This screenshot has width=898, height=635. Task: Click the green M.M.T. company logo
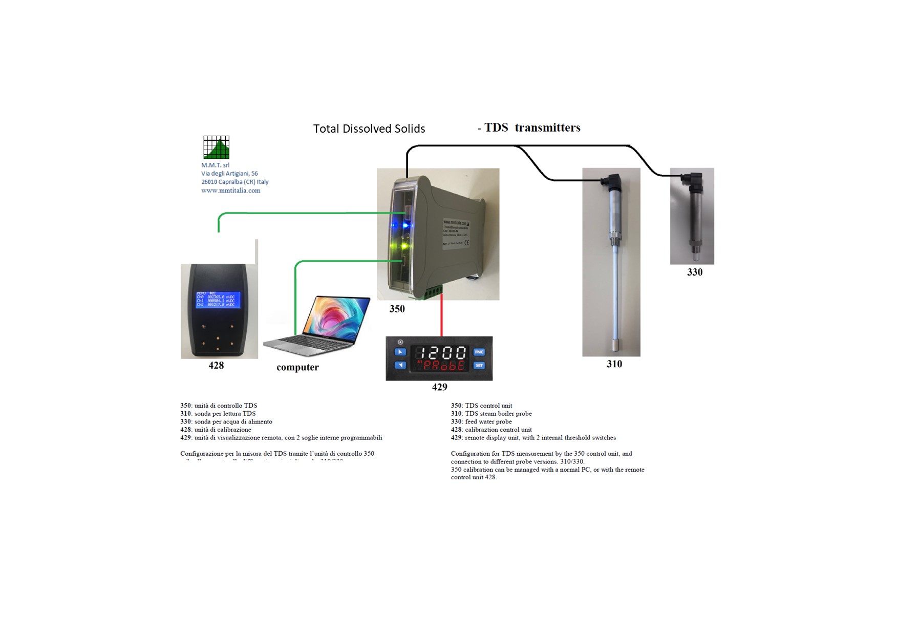click(216, 147)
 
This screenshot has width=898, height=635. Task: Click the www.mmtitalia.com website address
click(230, 190)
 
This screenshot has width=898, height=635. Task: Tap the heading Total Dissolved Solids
click(369, 129)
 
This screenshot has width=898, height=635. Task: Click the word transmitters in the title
click(547, 128)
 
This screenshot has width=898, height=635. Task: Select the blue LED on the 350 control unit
click(406, 225)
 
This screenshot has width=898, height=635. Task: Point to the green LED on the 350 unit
click(404, 246)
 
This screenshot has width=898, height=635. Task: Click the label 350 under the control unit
click(397, 309)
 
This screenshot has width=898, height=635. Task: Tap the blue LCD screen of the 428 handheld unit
click(218, 300)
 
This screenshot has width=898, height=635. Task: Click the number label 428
click(216, 365)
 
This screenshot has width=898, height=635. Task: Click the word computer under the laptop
click(297, 367)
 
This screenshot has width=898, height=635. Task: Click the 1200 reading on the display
click(440, 352)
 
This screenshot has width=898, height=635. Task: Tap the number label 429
click(439, 387)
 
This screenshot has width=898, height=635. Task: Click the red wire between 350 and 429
click(441, 317)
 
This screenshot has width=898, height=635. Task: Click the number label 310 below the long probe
click(614, 364)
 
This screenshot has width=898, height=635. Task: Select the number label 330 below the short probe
click(694, 272)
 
